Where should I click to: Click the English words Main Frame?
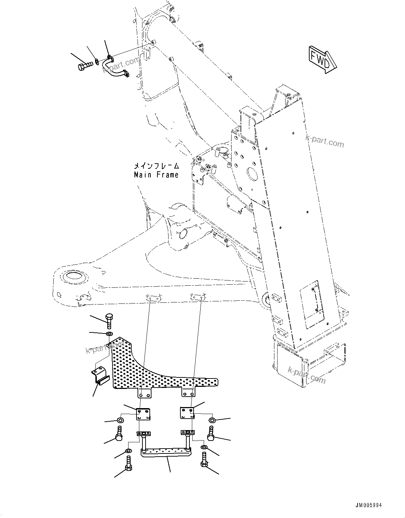156,175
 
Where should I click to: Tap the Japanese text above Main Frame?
157,166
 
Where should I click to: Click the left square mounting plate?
143,414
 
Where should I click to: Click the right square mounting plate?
187,413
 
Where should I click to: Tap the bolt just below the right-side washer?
211,433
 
